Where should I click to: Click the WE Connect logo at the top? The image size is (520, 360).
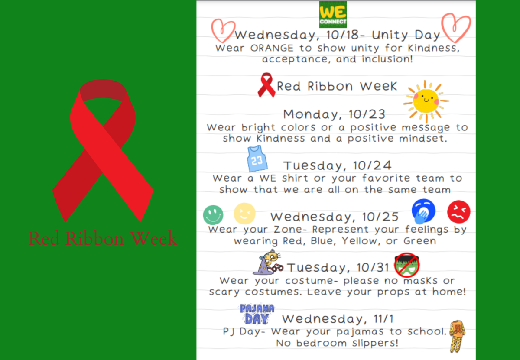(x=333, y=14)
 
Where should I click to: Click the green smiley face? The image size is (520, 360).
(x=213, y=215)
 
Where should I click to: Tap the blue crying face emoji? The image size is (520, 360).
(x=423, y=211)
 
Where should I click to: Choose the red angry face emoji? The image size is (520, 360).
(x=458, y=211)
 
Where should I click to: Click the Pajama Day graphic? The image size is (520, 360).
(x=257, y=314)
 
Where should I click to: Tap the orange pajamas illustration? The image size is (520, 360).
(x=457, y=336)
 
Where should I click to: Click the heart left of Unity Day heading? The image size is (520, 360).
(x=223, y=31)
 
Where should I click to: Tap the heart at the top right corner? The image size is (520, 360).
(x=456, y=27)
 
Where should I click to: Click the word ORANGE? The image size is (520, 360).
(x=272, y=48)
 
